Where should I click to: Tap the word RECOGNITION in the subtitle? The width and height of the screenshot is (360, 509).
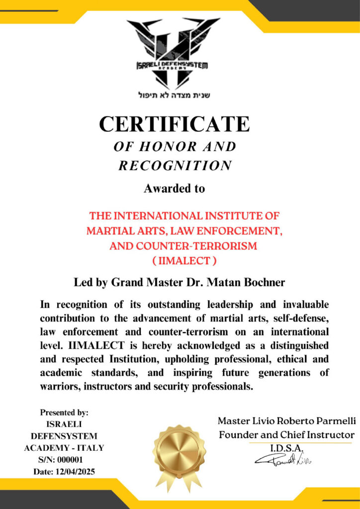(175, 165)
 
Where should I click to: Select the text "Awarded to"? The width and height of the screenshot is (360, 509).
(174, 189)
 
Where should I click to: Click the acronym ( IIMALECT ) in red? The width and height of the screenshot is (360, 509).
(184, 260)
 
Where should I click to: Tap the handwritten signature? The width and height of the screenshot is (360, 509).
(283, 460)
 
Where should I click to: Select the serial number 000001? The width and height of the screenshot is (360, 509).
(73, 459)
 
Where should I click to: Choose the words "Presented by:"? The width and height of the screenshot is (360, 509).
(64, 412)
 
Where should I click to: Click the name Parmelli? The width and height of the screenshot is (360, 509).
(331, 421)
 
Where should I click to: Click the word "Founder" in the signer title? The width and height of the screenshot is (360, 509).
(238, 434)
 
